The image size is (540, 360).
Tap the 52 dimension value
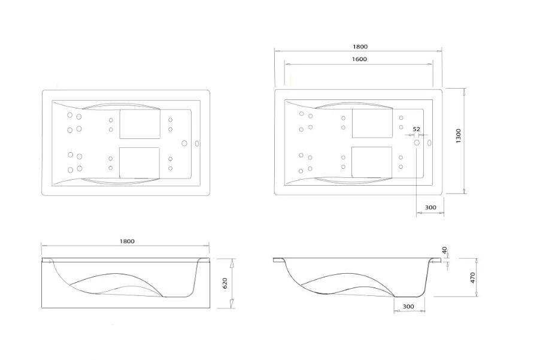click(x=417, y=129)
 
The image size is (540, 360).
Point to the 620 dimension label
click(x=225, y=283)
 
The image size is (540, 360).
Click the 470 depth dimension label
click(x=472, y=278)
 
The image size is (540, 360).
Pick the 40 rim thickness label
click(x=445, y=250)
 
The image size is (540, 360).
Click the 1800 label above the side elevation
click(x=126, y=241)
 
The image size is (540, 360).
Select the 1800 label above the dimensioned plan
click(x=360, y=47)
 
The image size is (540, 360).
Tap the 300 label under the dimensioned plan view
click(x=430, y=208)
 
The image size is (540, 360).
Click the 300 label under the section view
click(x=408, y=307)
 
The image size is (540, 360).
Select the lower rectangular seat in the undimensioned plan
click(x=139, y=162)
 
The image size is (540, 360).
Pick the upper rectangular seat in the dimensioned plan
click(x=372, y=124)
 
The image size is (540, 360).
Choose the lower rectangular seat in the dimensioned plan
click(x=372, y=162)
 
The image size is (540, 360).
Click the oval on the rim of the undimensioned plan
click(x=198, y=143)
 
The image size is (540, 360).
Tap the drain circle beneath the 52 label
click(x=417, y=143)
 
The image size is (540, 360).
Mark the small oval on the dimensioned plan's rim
click(x=430, y=143)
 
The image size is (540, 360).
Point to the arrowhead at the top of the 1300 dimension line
click(x=464, y=90)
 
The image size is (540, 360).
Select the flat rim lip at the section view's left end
click(x=280, y=261)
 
